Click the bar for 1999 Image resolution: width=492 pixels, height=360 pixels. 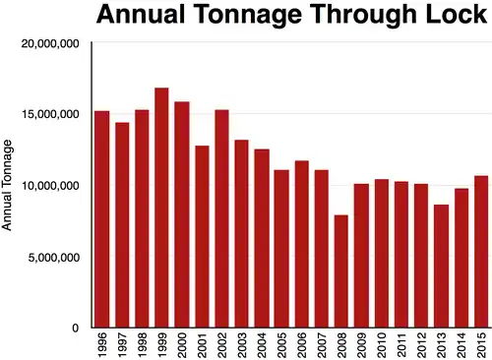pos(161,208)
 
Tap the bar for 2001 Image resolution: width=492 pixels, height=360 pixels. pos(202,236)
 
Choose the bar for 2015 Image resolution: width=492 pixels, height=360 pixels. pos(481,252)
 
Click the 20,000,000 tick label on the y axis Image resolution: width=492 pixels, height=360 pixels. pos(49,43)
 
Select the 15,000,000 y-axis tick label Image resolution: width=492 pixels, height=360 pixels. pos(49,114)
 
